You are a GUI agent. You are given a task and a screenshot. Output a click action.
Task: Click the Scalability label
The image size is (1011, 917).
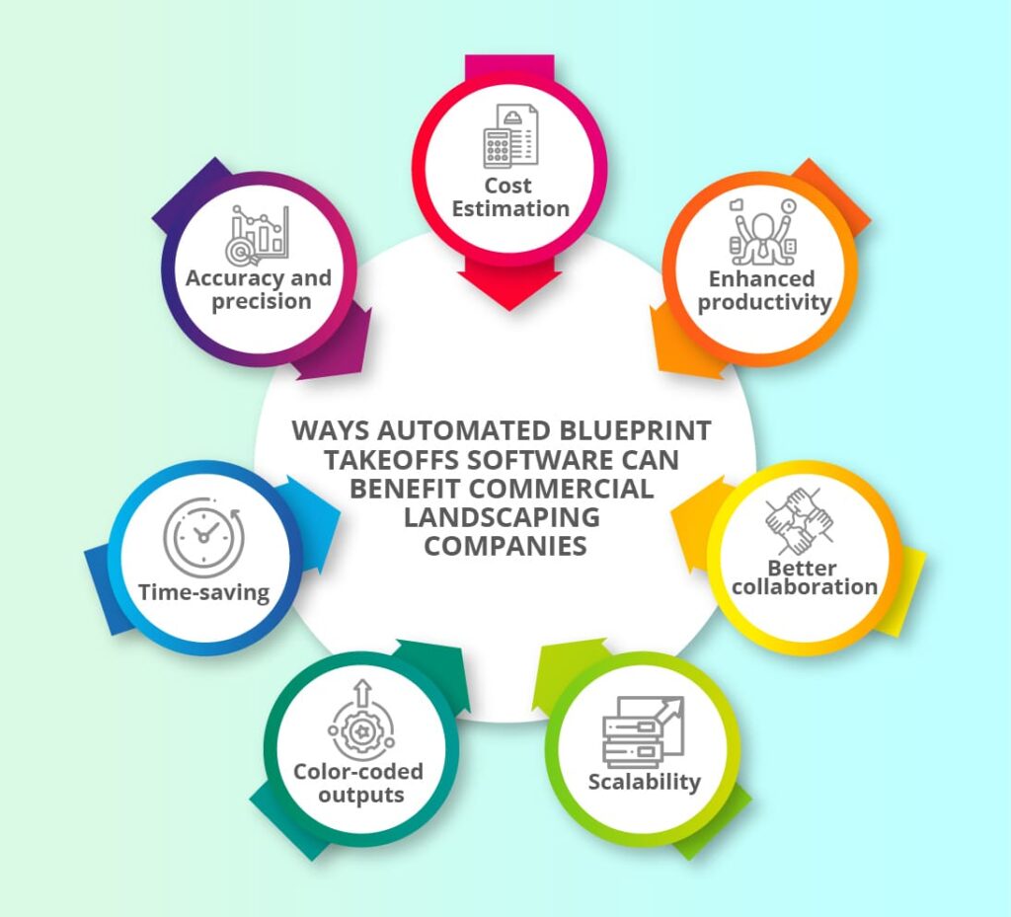pyautogui.click(x=644, y=782)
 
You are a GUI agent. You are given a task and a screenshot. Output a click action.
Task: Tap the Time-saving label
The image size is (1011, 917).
pyautogui.click(x=203, y=592)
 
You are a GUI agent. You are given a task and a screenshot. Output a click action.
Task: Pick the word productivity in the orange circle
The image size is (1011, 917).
pyautogui.click(x=764, y=302)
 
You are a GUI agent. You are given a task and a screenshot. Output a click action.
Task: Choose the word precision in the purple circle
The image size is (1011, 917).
pyautogui.click(x=259, y=301)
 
